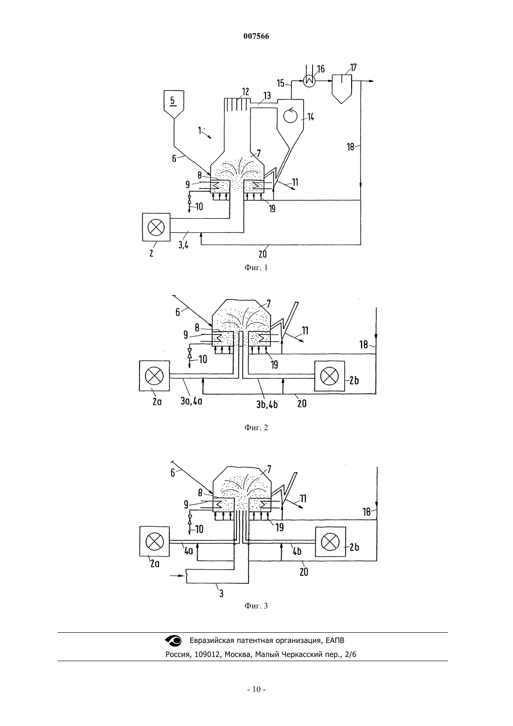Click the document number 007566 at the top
(x=256, y=36)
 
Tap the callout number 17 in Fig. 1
(x=353, y=68)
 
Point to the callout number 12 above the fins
(x=245, y=92)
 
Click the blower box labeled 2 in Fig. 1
(x=156, y=227)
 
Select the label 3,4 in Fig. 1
(x=183, y=245)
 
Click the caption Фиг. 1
(x=256, y=267)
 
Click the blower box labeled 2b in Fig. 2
(x=329, y=376)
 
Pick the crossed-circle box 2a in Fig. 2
(x=154, y=376)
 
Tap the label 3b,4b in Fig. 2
(x=267, y=405)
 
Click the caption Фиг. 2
(x=256, y=427)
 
